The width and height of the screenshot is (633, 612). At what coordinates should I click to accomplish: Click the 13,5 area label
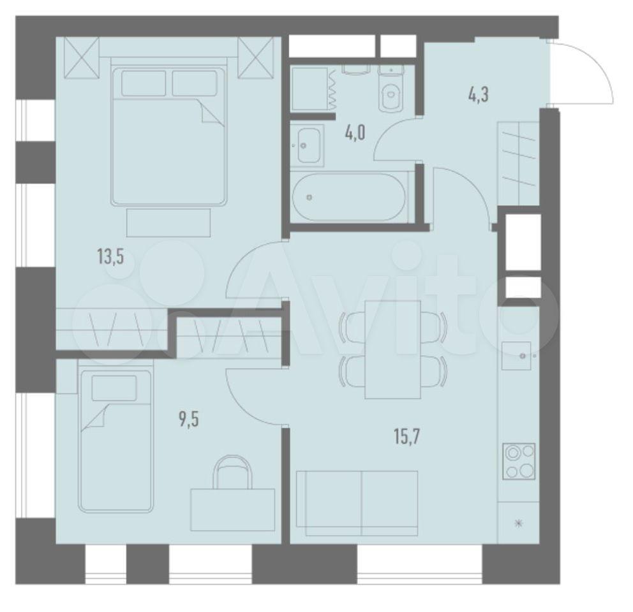click(x=110, y=256)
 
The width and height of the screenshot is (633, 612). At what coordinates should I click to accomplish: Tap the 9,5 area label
click(x=189, y=419)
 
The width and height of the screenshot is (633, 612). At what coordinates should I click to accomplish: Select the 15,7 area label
click(x=407, y=437)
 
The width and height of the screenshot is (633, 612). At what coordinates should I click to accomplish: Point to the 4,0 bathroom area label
click(x=355, y=133)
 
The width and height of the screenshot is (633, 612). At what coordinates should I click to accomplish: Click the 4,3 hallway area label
click(x=479, y=96)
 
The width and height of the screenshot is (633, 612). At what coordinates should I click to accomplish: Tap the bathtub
click(x=349, y=197)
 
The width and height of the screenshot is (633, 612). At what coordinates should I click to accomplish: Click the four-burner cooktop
click(x=519, y=461)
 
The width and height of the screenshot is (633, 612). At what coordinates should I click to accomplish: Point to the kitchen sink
click(x=516, y=356)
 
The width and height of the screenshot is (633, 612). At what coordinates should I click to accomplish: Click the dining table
click(x=393, y=349)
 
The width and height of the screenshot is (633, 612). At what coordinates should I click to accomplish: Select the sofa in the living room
click(x=357, y=503)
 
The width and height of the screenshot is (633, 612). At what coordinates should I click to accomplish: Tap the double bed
click(x=168, y=131)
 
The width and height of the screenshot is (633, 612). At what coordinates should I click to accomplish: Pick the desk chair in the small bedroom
click(x=232, y=472)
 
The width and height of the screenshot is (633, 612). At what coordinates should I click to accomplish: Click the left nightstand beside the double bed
click(x=82, y=57)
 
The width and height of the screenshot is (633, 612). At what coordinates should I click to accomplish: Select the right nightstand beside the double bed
click(x=256, y=57)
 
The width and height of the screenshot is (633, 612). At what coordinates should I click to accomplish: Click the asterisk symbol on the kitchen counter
click(x=519, y=523)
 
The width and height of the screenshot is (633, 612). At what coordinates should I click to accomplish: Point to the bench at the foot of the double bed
click(x=168, y=222)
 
